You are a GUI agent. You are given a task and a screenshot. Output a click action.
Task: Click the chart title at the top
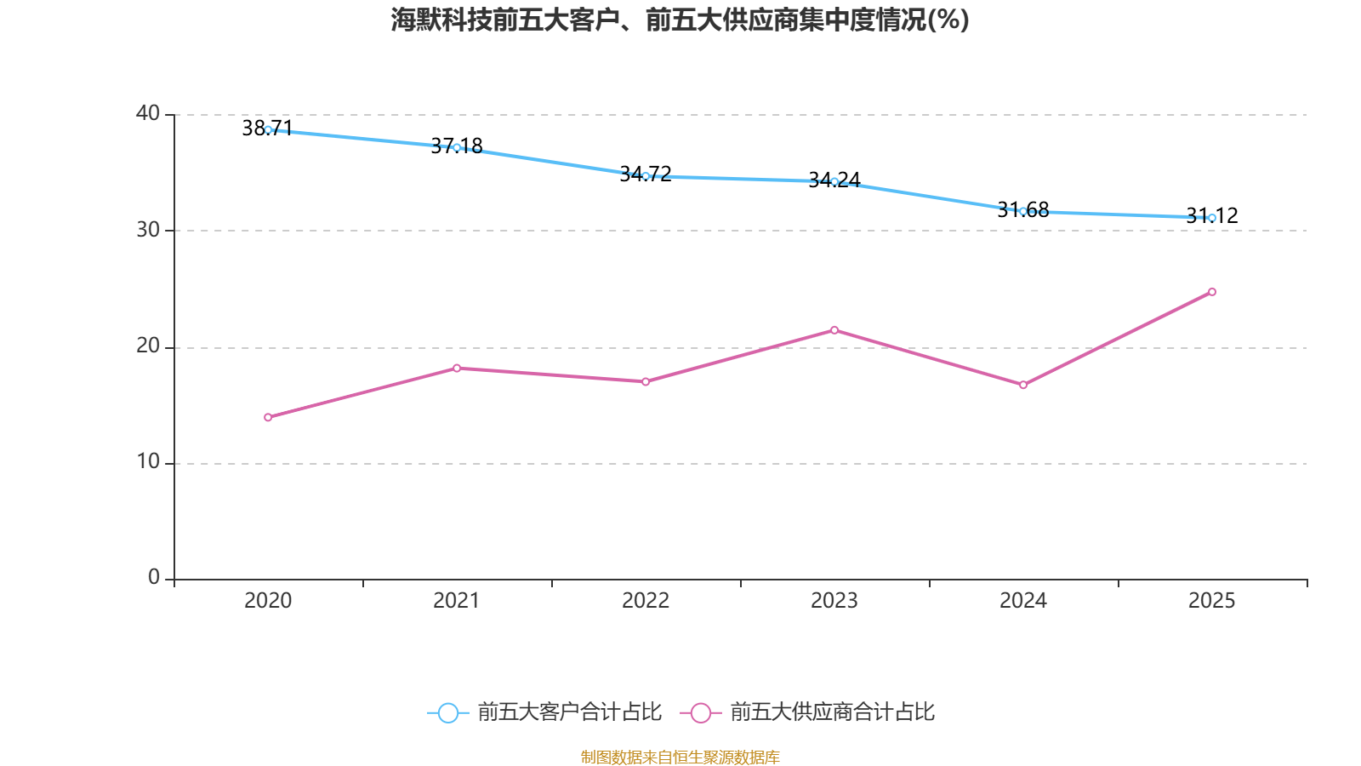click(680, 20)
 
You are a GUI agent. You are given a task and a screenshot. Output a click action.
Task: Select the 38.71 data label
click(267, 128)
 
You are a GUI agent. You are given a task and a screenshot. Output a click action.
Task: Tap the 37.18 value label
click(456, 146)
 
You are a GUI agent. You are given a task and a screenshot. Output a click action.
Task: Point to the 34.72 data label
click(646, 174)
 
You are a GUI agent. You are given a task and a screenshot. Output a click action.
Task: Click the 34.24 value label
click(834, 180)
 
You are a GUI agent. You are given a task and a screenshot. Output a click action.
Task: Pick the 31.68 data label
click(1023, 209)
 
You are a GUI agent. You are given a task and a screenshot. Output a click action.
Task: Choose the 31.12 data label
click(1212, 216)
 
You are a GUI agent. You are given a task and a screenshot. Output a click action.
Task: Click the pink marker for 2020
click(268, 418)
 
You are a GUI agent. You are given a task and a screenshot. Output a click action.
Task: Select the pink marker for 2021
click(457, 369)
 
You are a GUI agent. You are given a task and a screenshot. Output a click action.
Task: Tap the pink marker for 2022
click(646, 382)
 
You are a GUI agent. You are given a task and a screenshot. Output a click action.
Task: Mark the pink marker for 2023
click(834, 330)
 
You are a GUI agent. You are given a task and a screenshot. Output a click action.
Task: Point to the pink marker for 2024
click(1023, 385)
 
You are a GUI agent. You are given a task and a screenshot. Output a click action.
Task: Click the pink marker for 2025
click(1212, 293)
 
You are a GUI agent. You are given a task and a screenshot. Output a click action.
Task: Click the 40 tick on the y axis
click(148, 114)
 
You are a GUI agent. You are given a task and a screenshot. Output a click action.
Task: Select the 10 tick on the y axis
click(148, 463)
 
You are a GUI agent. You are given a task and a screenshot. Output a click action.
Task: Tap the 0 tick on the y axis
click(154, 578)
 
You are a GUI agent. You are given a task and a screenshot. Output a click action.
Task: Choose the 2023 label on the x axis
click(834, 601)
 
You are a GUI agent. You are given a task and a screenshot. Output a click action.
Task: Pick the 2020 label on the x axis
click(268, 601)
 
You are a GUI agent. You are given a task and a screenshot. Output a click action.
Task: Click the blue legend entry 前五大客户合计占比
click(544, 712)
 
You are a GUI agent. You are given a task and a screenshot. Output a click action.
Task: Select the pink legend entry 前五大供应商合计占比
click(807, 712)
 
